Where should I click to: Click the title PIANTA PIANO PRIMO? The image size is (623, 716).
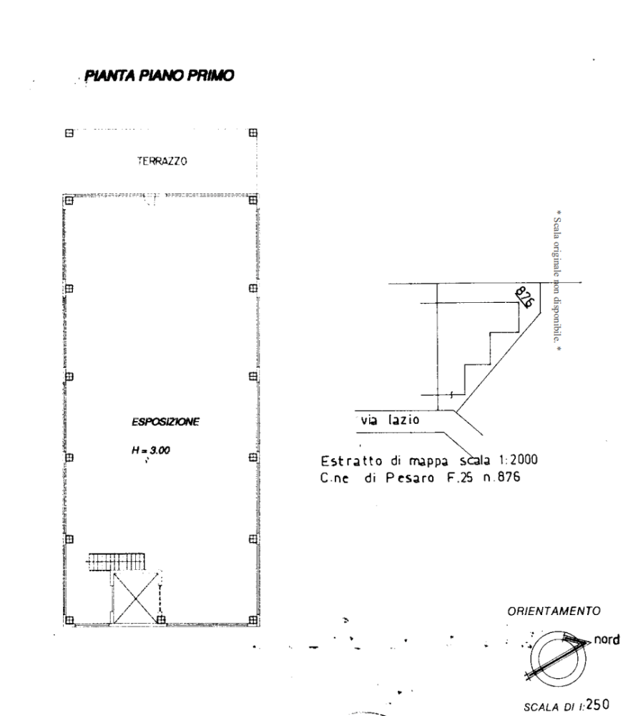pyautogui.click(x=160, y=75)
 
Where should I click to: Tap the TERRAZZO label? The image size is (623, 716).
pyautogui.click(x=162, y=160)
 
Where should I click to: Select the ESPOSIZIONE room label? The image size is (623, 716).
pyautogui.click(x=165, y=422)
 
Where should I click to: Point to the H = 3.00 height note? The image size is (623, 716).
pyautogui.click(x=150, y=450)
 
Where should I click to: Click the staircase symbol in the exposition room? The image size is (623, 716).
pyautogui.click(x=117, y=561)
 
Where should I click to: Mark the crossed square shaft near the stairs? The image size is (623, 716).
pyautogui.click(x=135, y=596)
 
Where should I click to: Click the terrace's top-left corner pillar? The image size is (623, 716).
pyautogui.click(x=69, y=133)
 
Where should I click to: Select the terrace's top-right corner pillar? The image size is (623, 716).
pyautogui.click(x=253, y=133)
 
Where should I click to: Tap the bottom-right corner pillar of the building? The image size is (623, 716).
pyautogui.click(x=253, y=619)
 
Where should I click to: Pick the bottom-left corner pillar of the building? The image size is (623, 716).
pyautogui.click(x=69, y=619)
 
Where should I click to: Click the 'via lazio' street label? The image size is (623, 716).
pyautogui.click(x=390, y=419)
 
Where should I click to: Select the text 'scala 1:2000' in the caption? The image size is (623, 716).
pyautogui.click(x=499, y=460)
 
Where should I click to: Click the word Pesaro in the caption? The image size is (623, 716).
pyautogui.click(x=410, y=478)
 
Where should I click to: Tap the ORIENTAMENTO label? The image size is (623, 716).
pyautogui.click(x=554, y=611)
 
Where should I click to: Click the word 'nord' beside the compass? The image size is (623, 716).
pyautogui.click(x=607, y=639)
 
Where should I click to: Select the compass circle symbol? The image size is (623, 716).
pyautogui.click(x=558, y=658)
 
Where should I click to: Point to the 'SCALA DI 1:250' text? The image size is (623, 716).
pyautogui.click(x=566, y=705)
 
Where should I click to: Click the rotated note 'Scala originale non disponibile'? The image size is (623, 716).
pyautogui.click(x=557, y=281)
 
